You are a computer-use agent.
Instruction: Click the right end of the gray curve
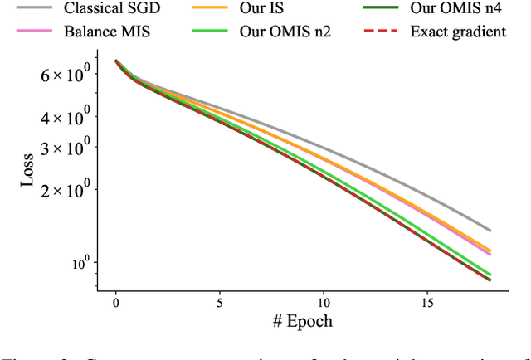(490, 230)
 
